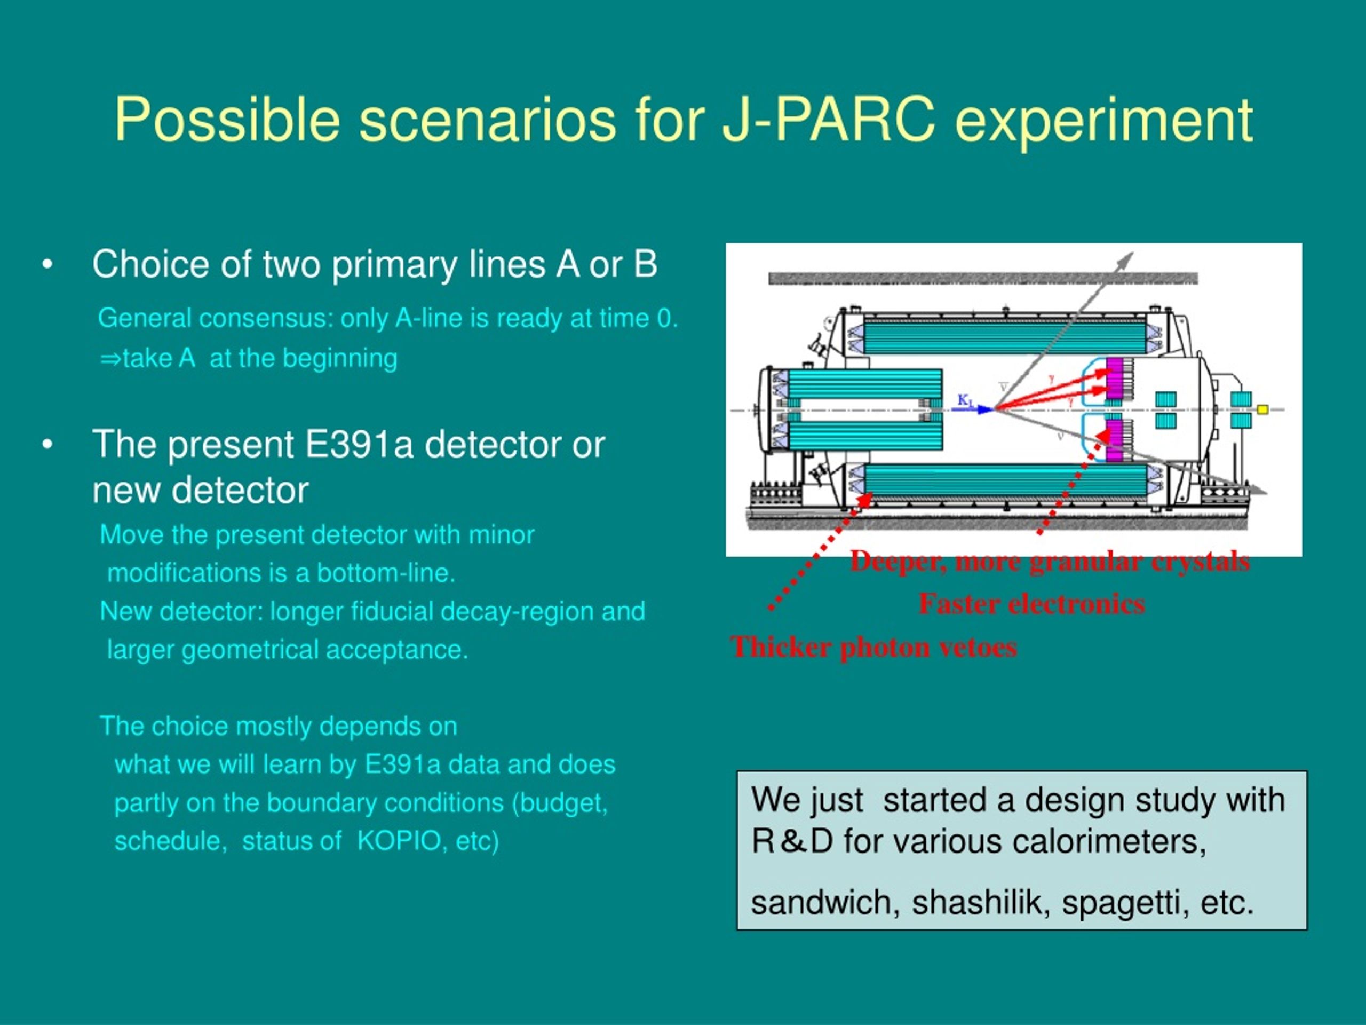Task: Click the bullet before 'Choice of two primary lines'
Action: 47,265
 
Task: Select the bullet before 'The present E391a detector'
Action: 47,445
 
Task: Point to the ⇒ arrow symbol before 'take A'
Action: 110,359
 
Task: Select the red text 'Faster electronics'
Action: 1032,604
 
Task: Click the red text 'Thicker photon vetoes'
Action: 873,647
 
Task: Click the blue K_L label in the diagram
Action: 965,401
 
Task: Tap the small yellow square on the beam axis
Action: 1263,409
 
